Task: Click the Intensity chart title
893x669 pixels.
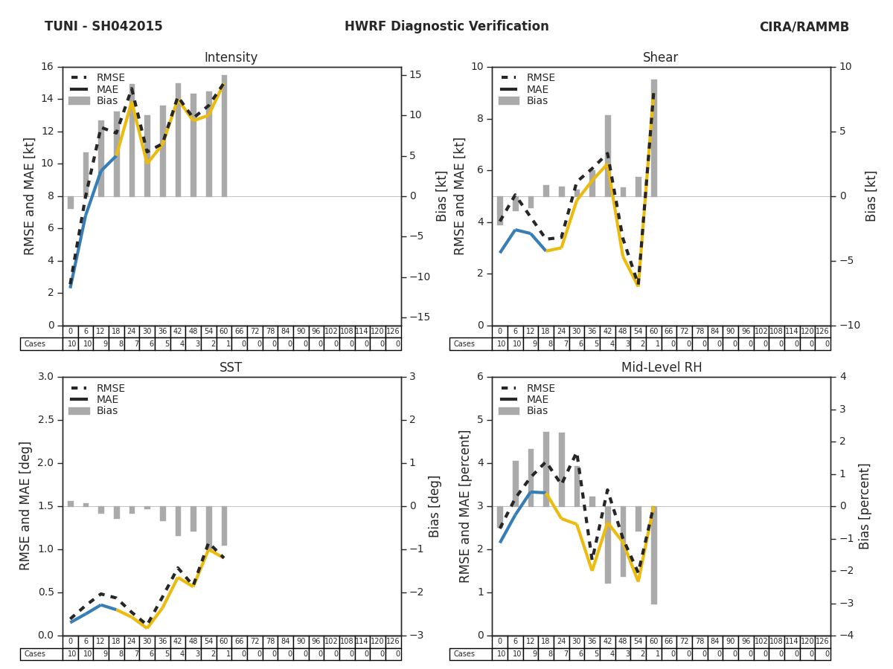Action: [231, 58]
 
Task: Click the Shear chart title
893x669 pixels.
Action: [660, 58]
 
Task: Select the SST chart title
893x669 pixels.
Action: [231, 368]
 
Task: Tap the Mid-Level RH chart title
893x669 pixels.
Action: [660, 368]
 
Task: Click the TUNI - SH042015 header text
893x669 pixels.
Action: [103, 27]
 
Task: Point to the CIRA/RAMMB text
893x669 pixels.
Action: [804, 28]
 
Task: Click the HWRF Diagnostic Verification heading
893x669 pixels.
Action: [446, 27]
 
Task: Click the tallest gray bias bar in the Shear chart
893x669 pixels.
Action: [653, 138]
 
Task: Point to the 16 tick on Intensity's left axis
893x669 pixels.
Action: [47, 67]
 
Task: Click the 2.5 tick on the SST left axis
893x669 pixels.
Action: [44, 420]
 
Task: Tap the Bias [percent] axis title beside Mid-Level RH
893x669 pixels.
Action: [865, 506]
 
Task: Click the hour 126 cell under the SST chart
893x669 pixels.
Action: [393, 641]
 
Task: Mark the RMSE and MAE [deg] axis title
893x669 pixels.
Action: [25, 505]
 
